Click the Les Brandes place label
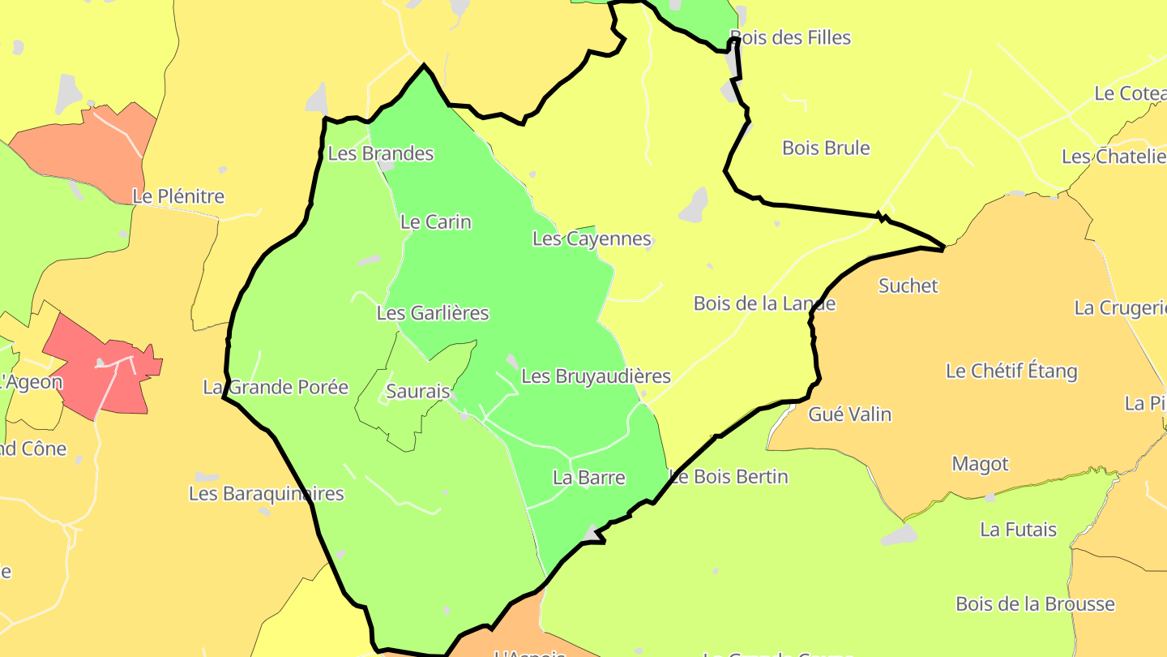[380, 153]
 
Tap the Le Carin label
[435, 221]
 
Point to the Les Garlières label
[433, 312]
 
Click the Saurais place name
[417, 391]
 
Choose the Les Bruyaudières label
[596, 376]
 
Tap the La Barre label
[588, 477]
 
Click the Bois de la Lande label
[764, 303]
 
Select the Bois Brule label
[826, 148]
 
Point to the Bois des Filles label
[790, 37]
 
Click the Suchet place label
[908, 286]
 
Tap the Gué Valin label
[849, 414]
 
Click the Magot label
[980, 464]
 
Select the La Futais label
[1018, 530]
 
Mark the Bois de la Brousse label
[1035, 604]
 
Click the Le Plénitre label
[178, 196]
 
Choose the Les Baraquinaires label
[266, 493]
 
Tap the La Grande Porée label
[276, 387]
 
